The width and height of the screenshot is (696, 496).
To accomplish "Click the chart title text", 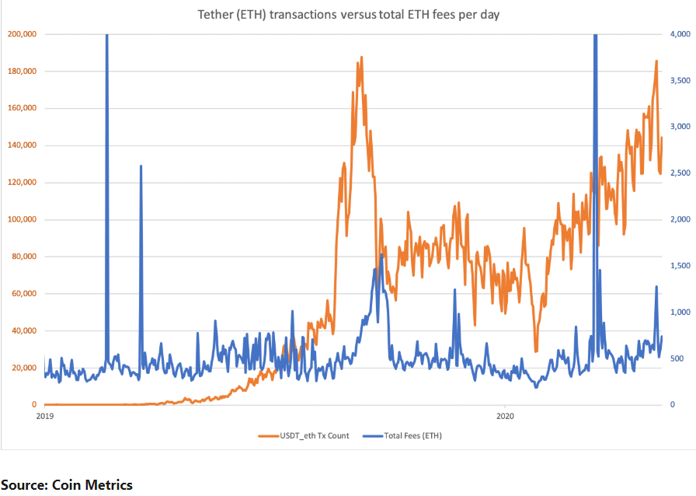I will coord(350,16).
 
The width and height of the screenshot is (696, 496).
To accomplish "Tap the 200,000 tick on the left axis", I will coord(23,34).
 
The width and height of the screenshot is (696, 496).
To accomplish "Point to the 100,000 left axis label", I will coord(23,219).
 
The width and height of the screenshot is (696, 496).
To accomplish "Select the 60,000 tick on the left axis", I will coord(25,294).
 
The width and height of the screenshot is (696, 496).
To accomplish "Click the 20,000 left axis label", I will coord(25,368).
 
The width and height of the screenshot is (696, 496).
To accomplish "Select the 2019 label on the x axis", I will coord(44,416).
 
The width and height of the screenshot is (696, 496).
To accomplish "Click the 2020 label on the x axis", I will coord(505,416).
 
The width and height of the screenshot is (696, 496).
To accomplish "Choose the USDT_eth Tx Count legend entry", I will coord(304,435).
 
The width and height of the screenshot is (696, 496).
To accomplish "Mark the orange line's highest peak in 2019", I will coord(361,58).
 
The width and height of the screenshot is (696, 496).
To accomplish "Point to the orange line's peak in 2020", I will coord(656,61).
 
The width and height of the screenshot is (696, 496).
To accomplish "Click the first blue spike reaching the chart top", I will coord(106,36).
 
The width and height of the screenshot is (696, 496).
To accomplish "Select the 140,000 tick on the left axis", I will coord(23,145).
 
